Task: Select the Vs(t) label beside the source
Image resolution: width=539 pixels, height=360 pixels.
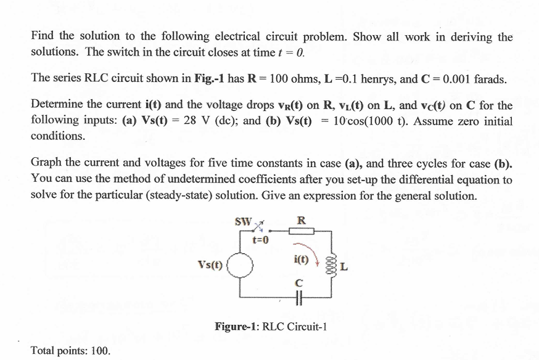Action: click(x=211, y=264)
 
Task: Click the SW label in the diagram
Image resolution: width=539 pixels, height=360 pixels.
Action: click(x=243, y=219)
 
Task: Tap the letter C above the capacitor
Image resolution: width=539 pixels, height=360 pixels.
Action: click(x=299, y=282)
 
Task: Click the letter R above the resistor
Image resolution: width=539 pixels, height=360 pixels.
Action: click(x=301, y=218)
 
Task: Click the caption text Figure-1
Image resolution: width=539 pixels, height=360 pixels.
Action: click(x=236, y=326)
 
